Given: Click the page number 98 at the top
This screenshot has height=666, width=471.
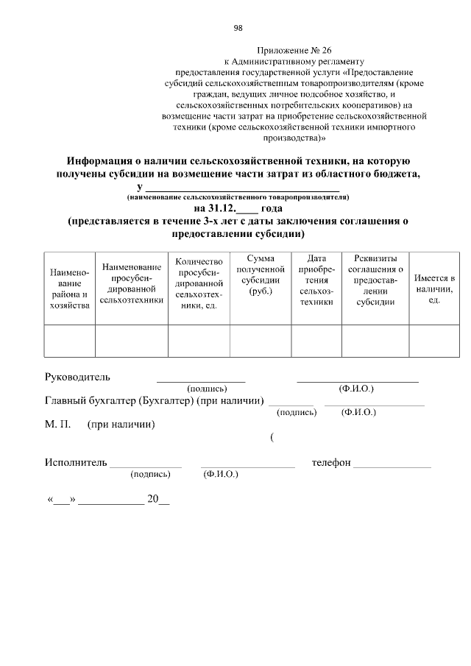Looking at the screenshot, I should [238, 28].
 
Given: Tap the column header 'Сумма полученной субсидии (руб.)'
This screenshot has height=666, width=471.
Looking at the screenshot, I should [261, 275].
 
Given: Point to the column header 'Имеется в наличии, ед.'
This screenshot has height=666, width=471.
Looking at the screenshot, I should [434, 289].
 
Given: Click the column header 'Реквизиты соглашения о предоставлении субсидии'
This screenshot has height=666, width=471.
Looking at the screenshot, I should [375, 280].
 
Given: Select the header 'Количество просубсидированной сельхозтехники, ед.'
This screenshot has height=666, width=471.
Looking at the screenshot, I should [199, 283].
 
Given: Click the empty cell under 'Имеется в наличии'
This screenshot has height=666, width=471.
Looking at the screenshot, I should [434, 341].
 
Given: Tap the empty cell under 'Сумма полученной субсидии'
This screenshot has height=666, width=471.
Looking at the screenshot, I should [261, 341].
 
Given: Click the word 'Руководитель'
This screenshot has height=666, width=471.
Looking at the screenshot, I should [77, 377].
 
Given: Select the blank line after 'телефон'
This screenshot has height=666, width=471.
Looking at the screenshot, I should [392, 466].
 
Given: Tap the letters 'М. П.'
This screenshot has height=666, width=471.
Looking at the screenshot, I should [57, 425].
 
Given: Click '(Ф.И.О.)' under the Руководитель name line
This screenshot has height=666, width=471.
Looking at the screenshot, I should [356, 388].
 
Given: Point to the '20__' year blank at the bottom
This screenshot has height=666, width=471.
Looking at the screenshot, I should [157, 499].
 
